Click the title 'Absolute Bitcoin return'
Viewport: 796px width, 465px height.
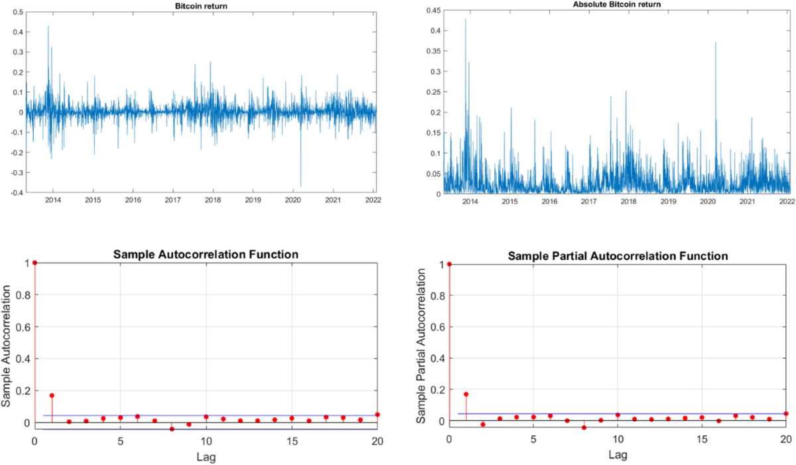point(611,5)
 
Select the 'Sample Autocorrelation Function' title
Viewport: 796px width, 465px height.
point(206,254)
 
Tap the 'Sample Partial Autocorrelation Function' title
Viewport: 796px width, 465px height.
point(618,255)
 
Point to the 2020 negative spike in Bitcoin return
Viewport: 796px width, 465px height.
point(300,186)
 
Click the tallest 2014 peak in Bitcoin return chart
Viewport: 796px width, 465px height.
point(48,27)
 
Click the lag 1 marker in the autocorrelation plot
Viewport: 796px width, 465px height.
point(52,395)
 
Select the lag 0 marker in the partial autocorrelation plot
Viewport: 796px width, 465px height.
point(450,264)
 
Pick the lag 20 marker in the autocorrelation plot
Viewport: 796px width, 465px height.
point(377,415)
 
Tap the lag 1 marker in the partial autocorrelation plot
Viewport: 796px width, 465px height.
point(466,394)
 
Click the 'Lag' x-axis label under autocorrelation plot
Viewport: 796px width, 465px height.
point(206,457)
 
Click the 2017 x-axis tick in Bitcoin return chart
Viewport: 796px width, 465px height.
point(172,200)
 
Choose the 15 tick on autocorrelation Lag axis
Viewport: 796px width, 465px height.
point(292,441)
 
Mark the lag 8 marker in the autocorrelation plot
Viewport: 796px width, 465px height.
point(172,429)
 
